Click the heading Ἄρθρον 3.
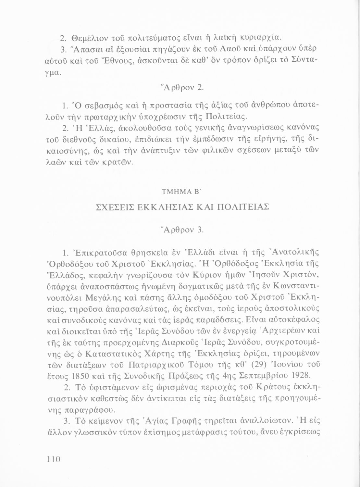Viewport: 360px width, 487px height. [x=180, y=230]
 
